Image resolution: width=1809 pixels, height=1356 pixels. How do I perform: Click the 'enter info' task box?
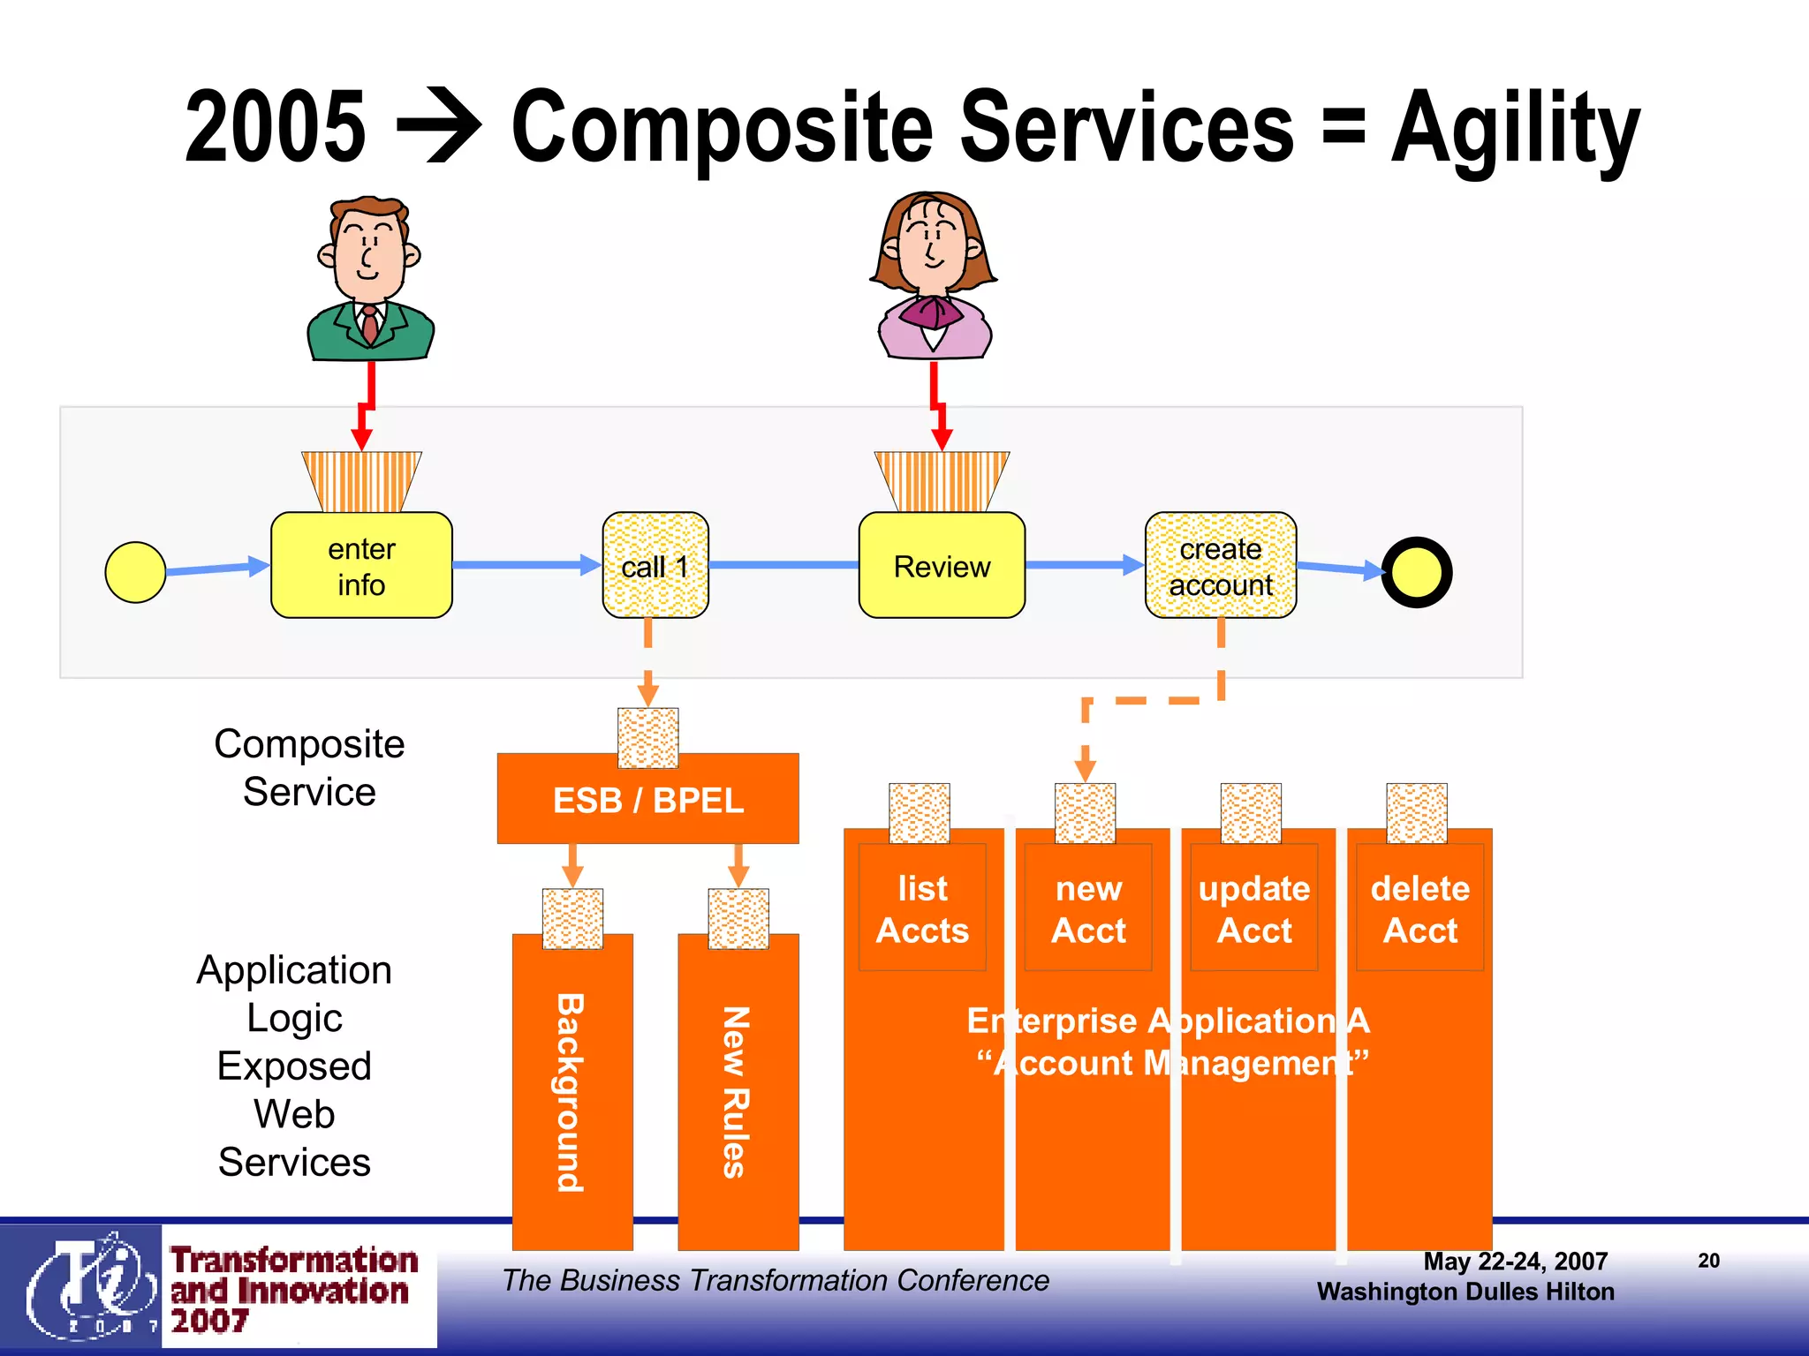pos(361,566)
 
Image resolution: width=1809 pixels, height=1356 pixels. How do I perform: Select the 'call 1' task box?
pos(655,566)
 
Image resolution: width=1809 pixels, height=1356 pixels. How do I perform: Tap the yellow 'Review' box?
pos(942,566)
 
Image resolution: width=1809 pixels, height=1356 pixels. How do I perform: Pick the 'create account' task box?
pos(1221,566)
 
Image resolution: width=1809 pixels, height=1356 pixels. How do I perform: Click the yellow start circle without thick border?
pos(135,572)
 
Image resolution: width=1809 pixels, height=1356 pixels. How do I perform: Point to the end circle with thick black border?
pos(1416,572)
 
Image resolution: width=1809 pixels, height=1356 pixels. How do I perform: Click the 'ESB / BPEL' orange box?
pos(647,801)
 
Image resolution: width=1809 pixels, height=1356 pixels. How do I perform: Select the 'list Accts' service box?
pos(922,908)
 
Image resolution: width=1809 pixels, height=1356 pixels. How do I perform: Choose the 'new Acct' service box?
pos(1088,908)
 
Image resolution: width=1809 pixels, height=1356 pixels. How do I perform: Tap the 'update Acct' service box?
pos(1253,908)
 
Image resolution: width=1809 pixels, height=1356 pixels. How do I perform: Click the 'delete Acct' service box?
pos(1419,908)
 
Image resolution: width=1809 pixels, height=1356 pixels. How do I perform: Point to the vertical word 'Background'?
pos(571,1093)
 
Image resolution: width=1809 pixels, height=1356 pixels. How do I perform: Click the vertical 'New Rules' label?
pos(736,1093)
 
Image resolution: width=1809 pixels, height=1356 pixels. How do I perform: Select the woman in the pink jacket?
pos(934,277)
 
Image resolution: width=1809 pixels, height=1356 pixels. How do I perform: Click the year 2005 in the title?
pos(275,128)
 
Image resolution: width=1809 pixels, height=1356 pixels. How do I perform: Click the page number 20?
pos(1708,1261)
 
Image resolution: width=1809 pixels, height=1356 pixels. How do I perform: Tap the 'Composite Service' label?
pos(309,767)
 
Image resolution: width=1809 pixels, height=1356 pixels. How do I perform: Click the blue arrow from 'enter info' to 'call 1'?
pos(526,565)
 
